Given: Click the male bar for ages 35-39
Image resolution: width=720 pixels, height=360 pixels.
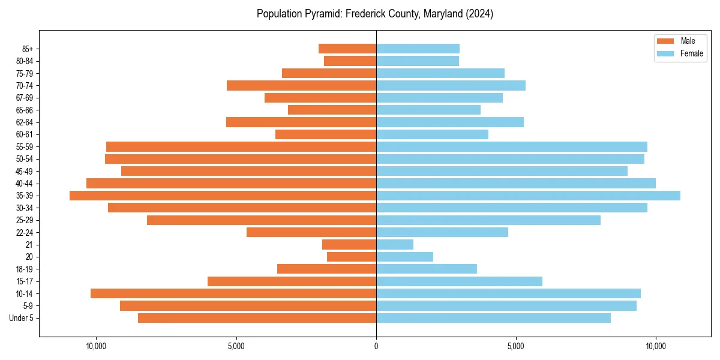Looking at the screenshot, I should [223, 196].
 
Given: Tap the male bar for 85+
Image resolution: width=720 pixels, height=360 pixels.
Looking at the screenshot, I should [347, 49].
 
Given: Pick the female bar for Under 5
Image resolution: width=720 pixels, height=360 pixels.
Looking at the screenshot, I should [493, 318].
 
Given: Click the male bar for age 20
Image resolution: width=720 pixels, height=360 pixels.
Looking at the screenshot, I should [352, 257].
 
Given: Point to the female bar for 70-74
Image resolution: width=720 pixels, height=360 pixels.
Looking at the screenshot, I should [451, 86].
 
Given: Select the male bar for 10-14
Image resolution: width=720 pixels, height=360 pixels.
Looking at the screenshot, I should [233, 293].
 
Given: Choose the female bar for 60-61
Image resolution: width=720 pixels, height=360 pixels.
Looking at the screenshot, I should [432, 134].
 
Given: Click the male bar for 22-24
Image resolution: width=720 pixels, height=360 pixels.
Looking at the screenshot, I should [311, 232].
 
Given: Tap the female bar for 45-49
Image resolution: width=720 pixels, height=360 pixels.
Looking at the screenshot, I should [502, 171].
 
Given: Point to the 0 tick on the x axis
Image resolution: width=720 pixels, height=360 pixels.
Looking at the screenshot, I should [376, 346].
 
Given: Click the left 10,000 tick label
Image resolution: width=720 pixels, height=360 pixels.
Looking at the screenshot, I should [96, 346].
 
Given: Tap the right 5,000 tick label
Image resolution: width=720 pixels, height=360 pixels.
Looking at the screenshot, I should [516, 346].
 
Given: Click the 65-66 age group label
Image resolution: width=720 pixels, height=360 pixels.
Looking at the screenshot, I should [25, 110].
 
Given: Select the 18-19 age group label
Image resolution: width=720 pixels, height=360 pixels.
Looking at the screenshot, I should [25, 269].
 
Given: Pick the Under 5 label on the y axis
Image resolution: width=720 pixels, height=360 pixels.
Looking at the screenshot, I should [22, 318].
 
